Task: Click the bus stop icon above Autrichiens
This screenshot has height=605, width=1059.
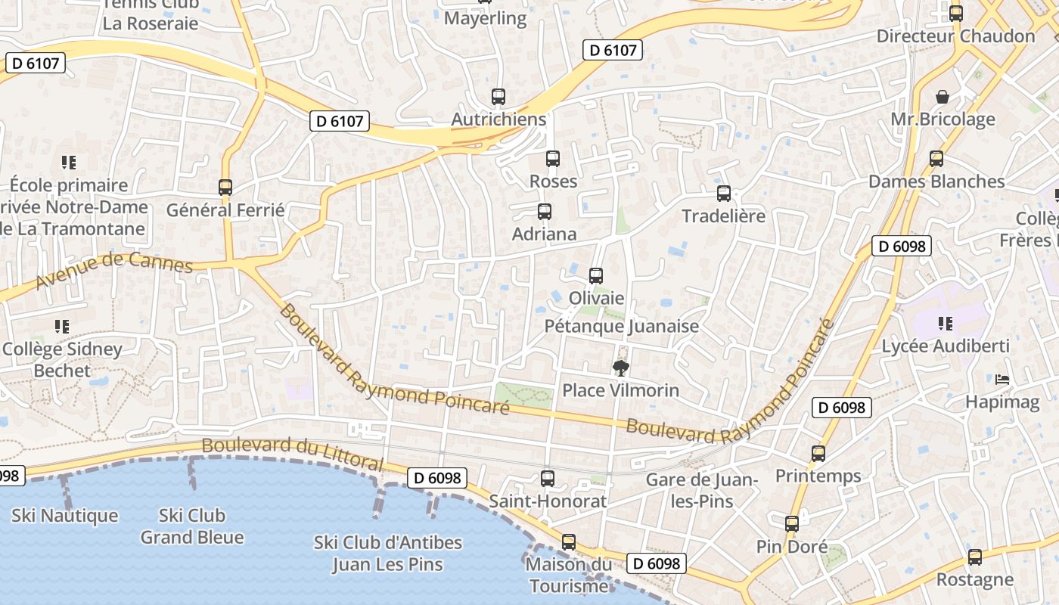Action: coord(498,97)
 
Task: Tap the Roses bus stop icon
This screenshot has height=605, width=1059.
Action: coord(553,159)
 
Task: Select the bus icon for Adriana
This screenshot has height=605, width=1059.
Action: coord(544,212)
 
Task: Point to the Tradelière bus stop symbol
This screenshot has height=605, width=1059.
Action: coord(724,194)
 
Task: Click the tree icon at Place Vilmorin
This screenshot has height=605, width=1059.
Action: coord(620,368)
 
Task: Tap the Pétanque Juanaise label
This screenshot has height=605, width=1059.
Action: coord(622,327)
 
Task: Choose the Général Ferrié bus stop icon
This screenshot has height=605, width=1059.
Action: coord(225,187)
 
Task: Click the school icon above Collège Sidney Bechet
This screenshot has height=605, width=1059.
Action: coord(62,327)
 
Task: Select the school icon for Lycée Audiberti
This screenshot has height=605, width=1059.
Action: coord(945,324)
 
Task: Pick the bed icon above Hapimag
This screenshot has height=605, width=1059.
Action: coord(1002,379)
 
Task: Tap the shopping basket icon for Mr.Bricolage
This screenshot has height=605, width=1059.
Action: coord(943,97)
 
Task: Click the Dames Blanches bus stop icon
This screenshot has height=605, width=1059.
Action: coord(936,159)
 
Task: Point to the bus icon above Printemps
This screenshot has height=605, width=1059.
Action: coord(818,454)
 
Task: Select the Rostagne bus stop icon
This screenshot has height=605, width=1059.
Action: coord(974,557)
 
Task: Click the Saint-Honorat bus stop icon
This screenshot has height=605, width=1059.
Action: coord(547,479)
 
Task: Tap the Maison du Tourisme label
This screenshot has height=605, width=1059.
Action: coord(569,575)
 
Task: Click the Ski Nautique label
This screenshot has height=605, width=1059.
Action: coord(65,516)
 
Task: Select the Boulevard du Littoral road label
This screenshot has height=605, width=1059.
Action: coord(293,452)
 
